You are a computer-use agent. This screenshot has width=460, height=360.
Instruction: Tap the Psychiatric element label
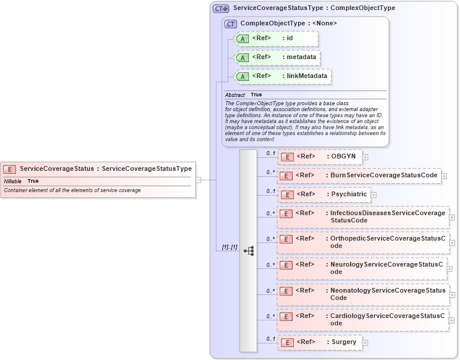[x=348, y=194]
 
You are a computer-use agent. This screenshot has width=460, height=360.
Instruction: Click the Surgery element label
[x=344, y=342]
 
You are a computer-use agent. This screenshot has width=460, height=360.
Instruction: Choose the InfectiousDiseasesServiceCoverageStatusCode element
[x=363, y=217]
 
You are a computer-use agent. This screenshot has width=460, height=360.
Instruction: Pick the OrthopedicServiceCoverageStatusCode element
[x=363, y=242]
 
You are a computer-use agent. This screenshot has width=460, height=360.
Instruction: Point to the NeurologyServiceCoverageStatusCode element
[x=362, y=268]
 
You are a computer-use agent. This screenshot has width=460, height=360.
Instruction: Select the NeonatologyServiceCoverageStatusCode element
[x=363, y=294]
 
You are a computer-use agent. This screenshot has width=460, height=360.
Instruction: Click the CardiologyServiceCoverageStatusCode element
[x=362, y=320]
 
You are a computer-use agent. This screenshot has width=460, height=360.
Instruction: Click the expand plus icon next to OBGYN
[x=365, y=157]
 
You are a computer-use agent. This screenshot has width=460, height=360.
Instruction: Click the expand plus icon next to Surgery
[x=365, y=343]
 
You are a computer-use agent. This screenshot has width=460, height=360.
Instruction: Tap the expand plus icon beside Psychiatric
[x=374, y=195]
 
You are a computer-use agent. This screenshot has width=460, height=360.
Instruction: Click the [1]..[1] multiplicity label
[x=225, y=247]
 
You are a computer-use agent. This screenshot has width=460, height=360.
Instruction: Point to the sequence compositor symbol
[x=248, y=251]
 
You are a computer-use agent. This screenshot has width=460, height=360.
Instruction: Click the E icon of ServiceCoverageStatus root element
[x=10, y=169]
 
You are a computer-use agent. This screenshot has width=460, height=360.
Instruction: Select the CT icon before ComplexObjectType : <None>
[x=231, y=24]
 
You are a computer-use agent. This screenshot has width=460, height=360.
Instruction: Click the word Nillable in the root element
[x=13, y=181]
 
